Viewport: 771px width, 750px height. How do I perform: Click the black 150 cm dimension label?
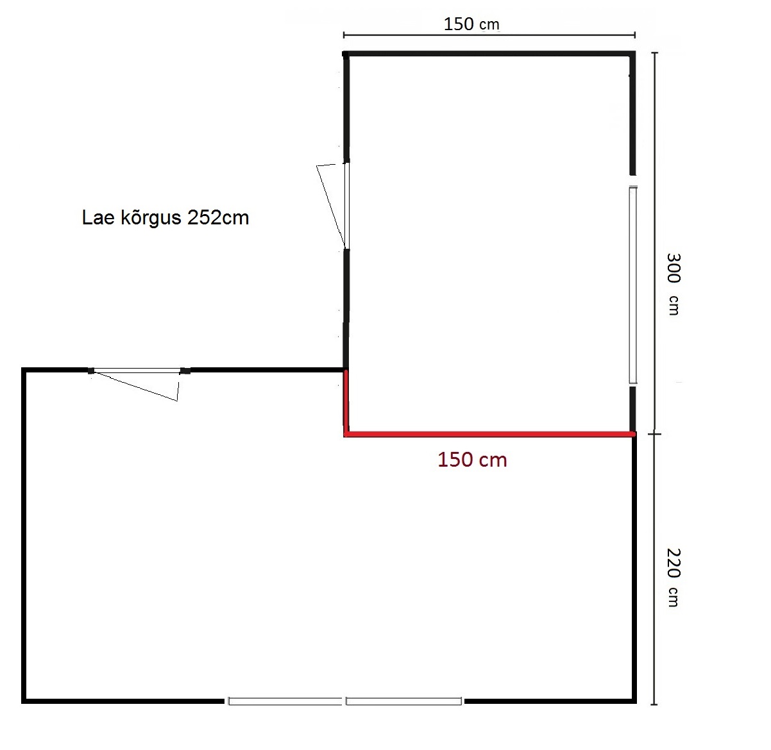(471, 24)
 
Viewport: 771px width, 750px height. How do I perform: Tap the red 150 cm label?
(472, 460)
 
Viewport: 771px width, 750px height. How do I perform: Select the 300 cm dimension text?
(673, 284)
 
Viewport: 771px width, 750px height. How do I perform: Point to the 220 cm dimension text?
(673, 578)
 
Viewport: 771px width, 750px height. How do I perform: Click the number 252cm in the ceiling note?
(218, 217)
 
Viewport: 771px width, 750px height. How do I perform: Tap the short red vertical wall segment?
(346, 402)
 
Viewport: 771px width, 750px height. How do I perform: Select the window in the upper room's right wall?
(632, 285)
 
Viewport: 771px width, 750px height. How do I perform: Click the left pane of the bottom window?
(285, 701)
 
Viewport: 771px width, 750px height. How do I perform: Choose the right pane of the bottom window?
(403, 701)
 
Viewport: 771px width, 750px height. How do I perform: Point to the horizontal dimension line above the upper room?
(489, 35)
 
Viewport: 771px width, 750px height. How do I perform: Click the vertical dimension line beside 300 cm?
(654, 242)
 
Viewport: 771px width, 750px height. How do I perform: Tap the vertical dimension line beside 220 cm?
(654, 569)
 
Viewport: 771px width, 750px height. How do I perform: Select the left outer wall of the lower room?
(24, 535)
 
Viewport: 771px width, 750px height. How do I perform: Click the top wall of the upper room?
(489, 54)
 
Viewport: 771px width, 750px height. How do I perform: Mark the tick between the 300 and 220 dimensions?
(654, 434)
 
